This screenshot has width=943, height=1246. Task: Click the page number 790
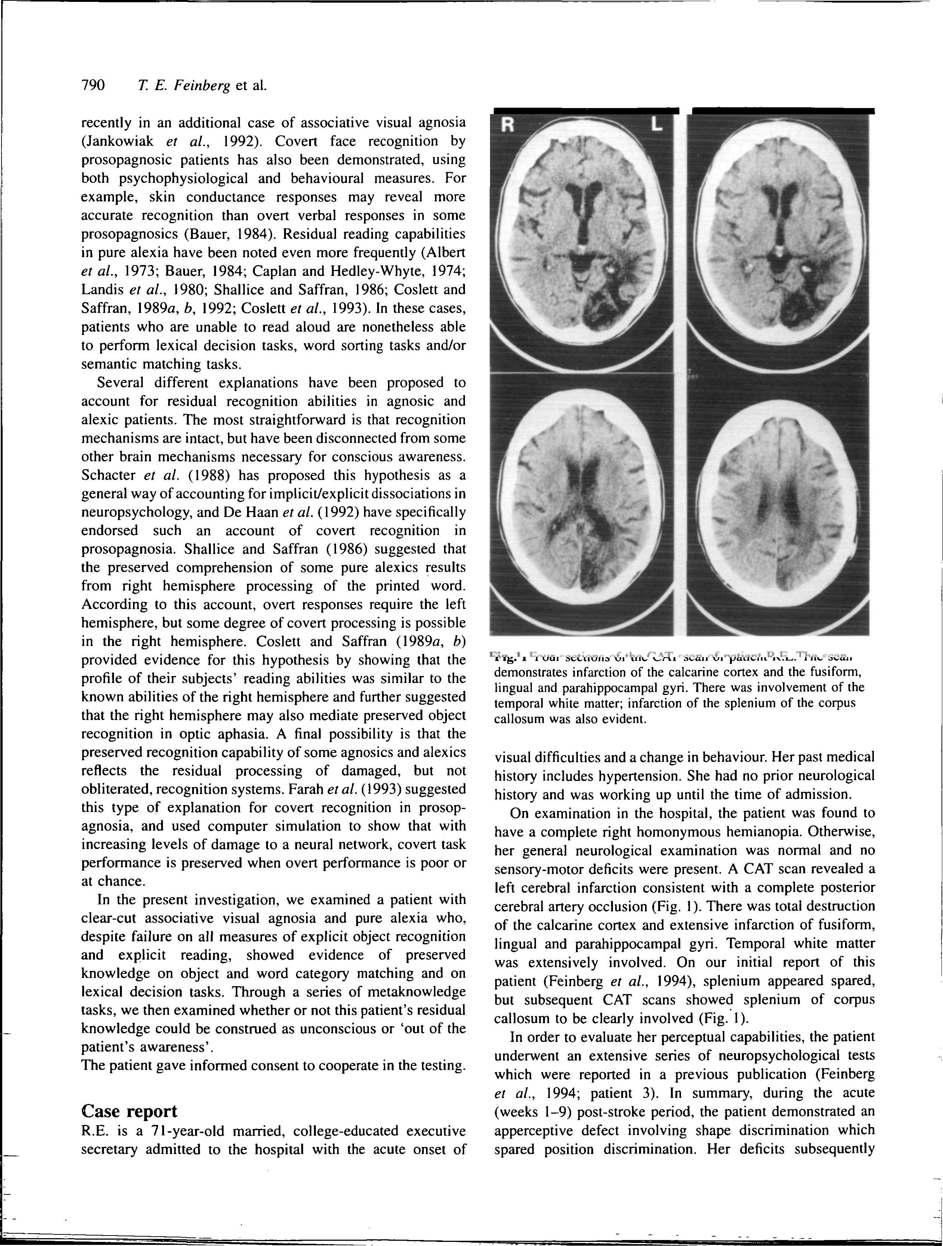tap(93, 86)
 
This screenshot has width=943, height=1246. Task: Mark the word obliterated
tap(117, 789)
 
